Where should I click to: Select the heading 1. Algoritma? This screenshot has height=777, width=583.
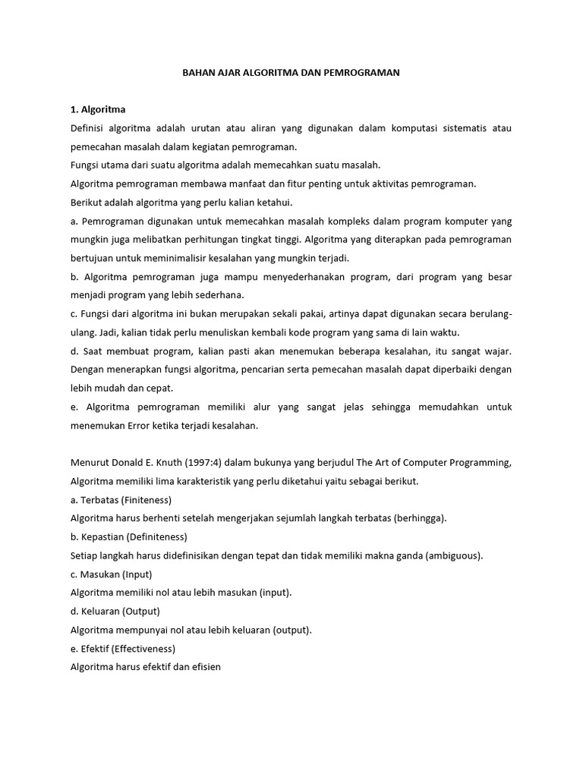98,109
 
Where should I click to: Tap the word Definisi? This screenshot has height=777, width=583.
88,128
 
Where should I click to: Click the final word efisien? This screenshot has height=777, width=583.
204,667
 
